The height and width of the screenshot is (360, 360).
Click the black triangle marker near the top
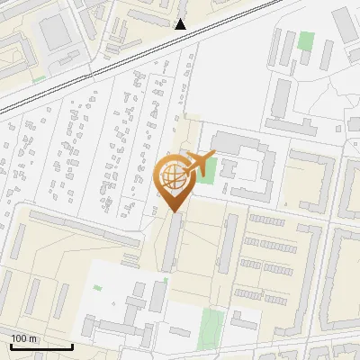[x=181, y=24]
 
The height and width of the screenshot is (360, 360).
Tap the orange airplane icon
[x=199, y=163]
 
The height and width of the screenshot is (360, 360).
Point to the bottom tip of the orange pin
[x=175, y=211]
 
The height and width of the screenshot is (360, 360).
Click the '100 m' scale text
[x=23, y=337]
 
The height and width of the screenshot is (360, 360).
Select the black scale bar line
[x=41, y=346]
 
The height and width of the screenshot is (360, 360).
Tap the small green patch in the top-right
[x=307, y=40]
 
